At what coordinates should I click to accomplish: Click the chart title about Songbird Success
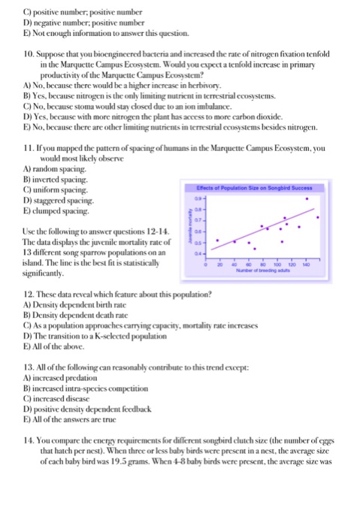point(275,167)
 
